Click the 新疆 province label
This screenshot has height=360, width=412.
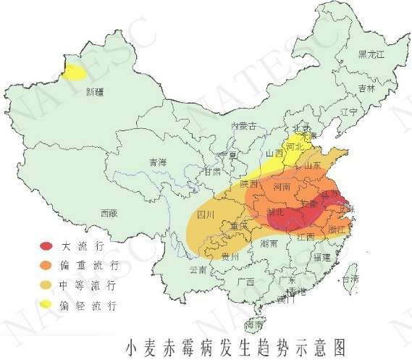(94, 92)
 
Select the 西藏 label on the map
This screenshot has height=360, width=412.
(109, 213)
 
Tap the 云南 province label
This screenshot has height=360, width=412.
(198, 269)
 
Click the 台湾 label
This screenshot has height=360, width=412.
(350, 279)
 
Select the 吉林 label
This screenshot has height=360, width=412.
(366, 88)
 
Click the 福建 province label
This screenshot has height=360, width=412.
(322, 257)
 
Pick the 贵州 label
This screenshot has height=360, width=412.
(230, 257)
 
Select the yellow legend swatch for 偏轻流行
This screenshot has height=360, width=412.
(46, 305)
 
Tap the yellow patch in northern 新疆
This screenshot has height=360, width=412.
(73, 72)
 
